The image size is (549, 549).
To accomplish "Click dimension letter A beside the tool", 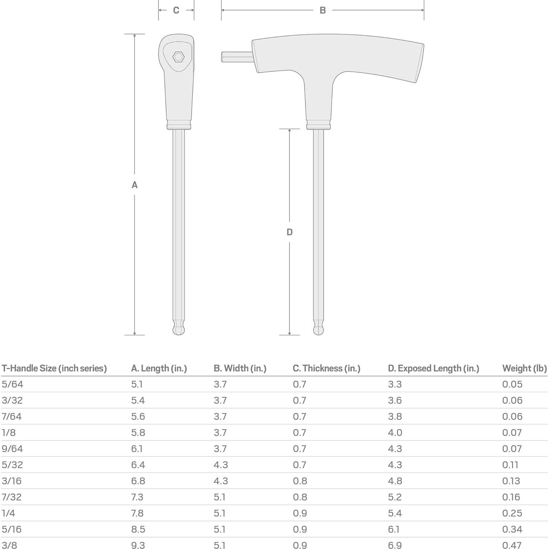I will (x=135, y=185).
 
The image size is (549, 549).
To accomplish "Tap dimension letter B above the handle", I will (x=323, y=10).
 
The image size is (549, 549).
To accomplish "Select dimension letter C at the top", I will (x=176, y=10).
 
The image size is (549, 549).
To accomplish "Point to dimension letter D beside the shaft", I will (x=290, y=232).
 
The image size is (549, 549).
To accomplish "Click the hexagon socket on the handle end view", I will (x=178, y=57).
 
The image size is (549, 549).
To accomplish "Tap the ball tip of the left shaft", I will (x=178, y=329).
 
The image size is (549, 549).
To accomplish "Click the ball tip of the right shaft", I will (x=318, y=329).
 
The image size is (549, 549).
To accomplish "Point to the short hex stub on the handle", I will (x=236, y=57).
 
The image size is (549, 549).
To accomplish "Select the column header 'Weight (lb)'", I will (x=524, y=368).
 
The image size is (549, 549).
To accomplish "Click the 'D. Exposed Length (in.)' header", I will (x=433, y=368).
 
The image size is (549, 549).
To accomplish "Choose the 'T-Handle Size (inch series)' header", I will (x=54, y=368).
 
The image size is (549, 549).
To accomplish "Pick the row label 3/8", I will (x=9, y=545).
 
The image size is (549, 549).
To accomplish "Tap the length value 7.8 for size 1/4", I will (x=137, y=513).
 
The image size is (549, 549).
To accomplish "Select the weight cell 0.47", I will (x=512, y=545).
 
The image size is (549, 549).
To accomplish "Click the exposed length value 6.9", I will (x=395, y=545).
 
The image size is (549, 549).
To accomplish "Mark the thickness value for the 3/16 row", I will (x=300, y=481).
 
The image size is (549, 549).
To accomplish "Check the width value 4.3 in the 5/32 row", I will (x=221, y=465).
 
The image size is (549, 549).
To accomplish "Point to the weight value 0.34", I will (x=512, y=529).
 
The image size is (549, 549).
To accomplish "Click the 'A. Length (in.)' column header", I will (x=159, y=368).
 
